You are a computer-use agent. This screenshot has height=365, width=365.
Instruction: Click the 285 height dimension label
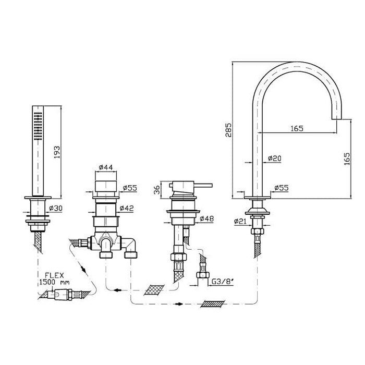click(x=229, y=130)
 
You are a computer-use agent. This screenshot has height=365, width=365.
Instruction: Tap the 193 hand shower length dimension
click(x=57, y=152)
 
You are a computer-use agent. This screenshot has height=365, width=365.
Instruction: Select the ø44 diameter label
click(x=106, y=167)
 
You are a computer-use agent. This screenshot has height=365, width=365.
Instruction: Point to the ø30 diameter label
click(x=56, y=208)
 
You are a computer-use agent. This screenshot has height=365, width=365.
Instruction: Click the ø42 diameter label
click(x=127, y=208)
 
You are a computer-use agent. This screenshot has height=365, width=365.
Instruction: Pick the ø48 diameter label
click(x=206, y=218)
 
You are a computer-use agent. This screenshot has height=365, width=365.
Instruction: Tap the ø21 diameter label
click(x=240, y=221)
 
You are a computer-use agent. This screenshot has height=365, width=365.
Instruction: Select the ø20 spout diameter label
click(x=275, y=159)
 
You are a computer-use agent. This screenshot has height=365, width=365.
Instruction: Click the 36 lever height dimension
click(x=157, y=190)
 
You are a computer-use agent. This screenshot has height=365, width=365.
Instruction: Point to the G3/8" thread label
click(x=222, y=282)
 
